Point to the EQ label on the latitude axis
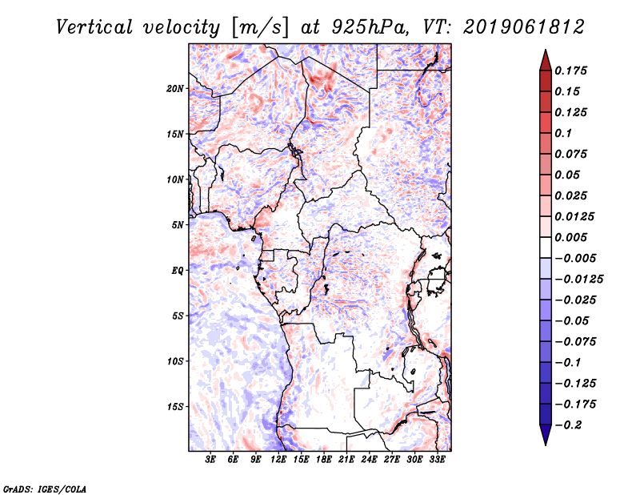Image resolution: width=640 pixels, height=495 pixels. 178,271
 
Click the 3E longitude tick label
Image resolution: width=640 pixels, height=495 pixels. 211,460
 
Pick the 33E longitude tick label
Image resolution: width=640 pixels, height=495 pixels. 438,460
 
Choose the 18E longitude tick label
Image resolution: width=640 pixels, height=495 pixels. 324,460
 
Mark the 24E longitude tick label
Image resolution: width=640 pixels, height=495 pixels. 370,460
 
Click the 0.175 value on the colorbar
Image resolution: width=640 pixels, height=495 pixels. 574,70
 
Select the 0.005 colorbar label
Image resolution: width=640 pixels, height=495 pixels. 574,237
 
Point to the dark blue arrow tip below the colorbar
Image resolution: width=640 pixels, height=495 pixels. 545,439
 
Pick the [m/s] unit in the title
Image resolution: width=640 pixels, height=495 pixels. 258,26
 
